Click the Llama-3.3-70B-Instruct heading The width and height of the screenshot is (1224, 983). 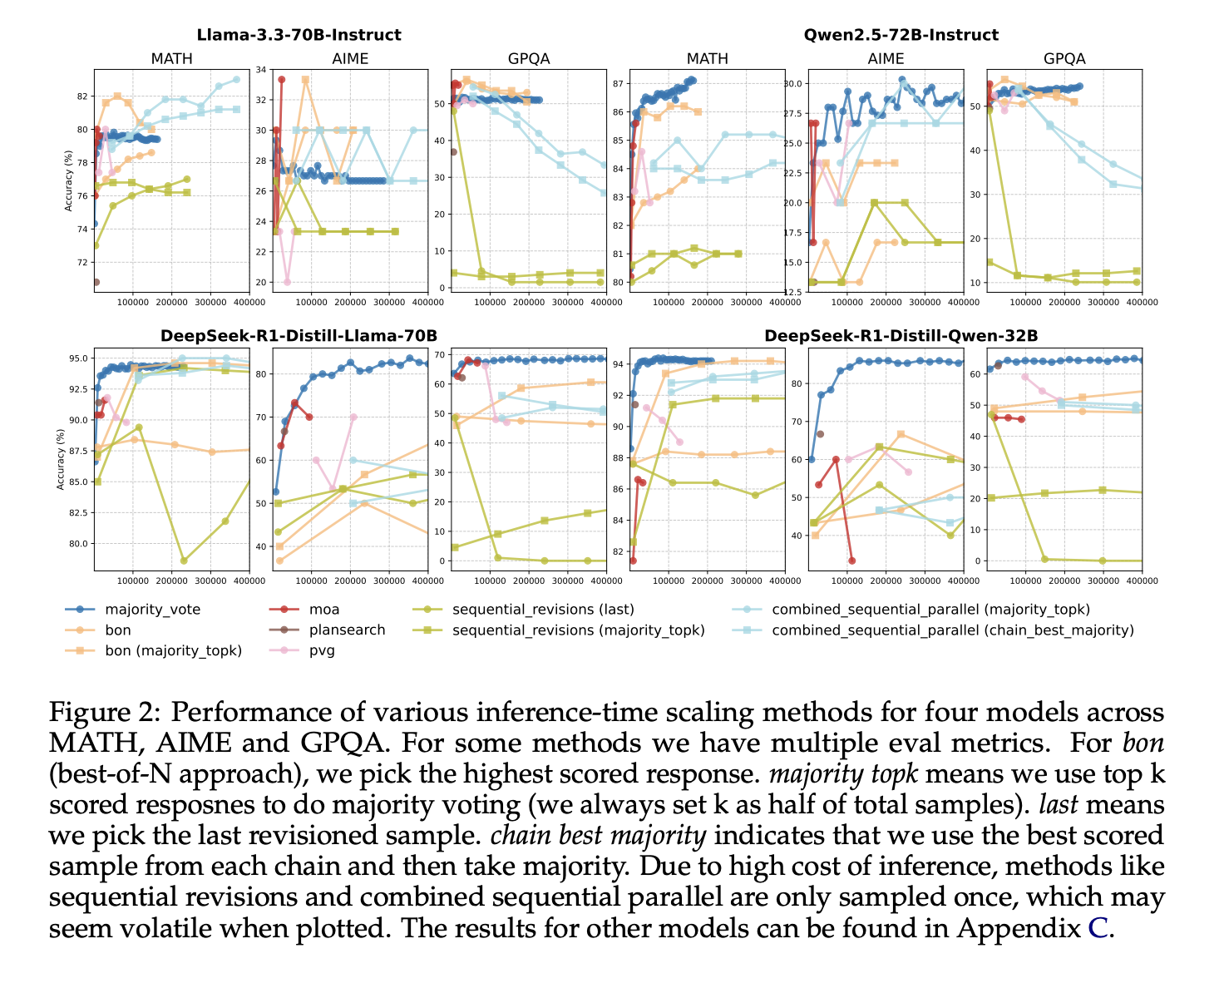(299, 35)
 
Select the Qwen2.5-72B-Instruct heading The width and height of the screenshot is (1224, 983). (901, 35)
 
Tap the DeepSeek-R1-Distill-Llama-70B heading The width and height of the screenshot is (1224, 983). (299, 335)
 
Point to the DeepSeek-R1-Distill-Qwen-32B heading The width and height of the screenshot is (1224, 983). (901, 335)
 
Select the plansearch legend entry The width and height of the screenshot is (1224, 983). (346, 630)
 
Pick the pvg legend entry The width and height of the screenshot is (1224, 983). (322, 650)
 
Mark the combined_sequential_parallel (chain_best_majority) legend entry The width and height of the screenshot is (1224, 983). (953, 630)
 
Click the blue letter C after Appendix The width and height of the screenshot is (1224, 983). (1098, 928)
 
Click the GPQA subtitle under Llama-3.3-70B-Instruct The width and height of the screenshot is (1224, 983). (528, 58)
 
